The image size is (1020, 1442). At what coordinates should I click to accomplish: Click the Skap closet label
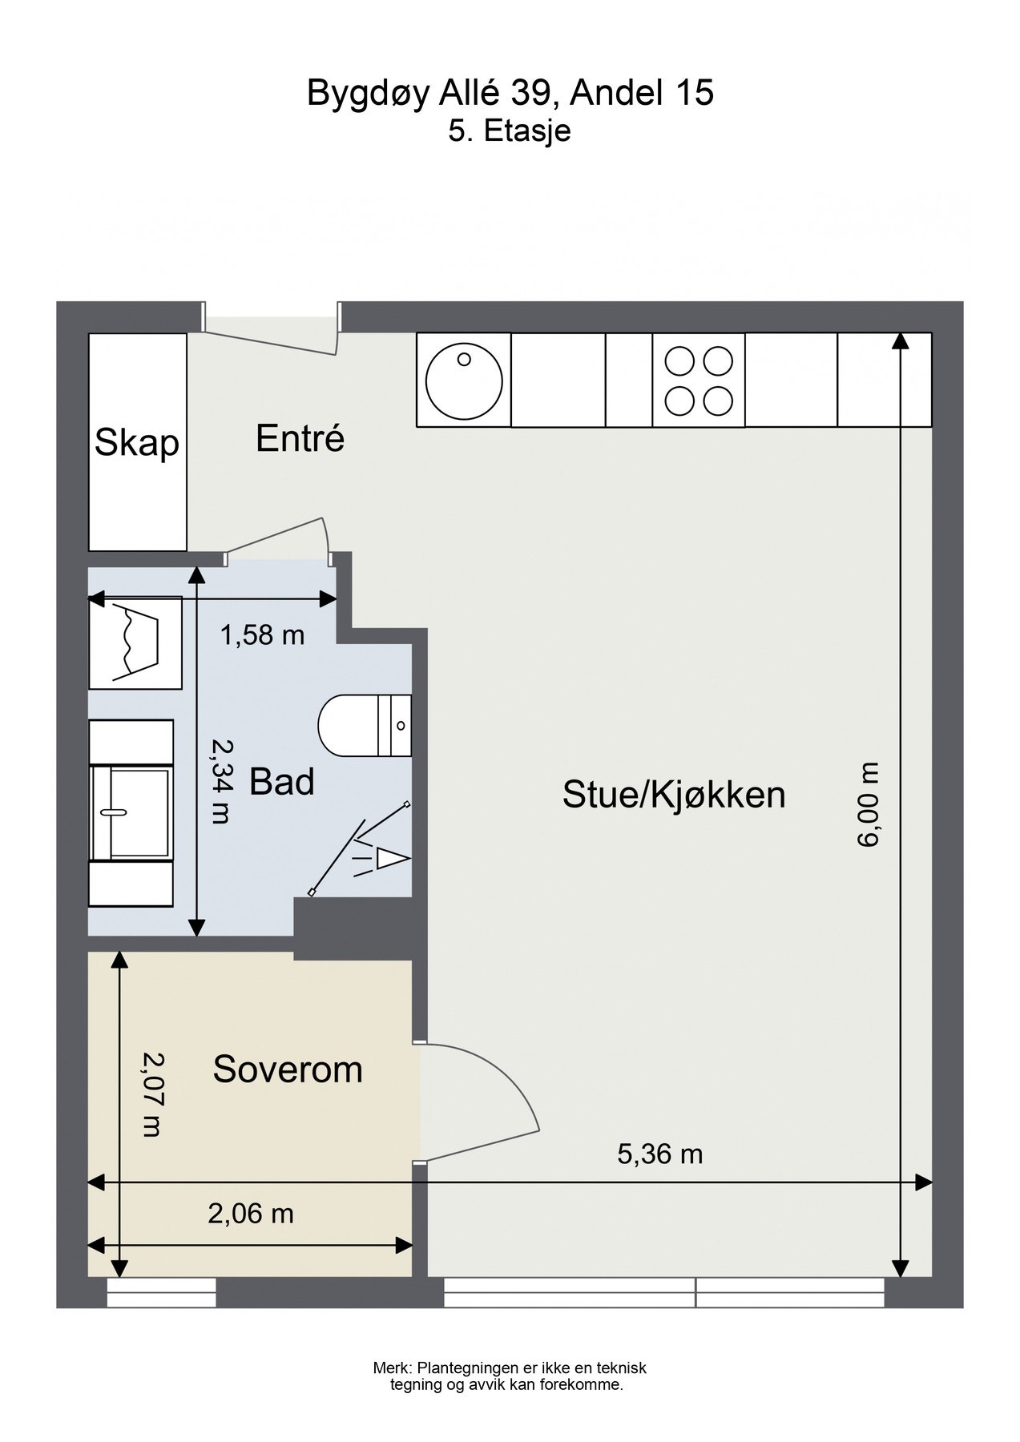pyautogui.click(x=136, y=443)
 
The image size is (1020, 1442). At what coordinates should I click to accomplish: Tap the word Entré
pyautogui.click(x=300, y=438)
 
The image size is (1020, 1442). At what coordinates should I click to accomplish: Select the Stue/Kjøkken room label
pyautogui.click(x=674, y=795)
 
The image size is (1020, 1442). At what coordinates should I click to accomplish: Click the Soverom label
pyautogui.click(x=288, y=1069)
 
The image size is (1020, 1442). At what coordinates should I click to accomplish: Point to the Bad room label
pyautogui.click(x=282, y=782)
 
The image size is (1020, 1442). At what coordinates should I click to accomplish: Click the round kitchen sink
pyautogui.click(x=465, y=380)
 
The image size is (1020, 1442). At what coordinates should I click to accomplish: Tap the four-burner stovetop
pyautogui.click(x=699, y=380)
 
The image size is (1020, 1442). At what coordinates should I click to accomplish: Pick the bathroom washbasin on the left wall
pyautogui.click(x=131, y=812)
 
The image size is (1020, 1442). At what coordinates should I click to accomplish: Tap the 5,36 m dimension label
pyautogui.click(x=659, y=1154)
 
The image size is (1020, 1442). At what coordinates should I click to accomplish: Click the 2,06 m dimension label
pyautogui.click(x=251, y=1214)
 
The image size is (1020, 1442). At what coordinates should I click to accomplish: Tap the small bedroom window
pyautogui.click(x=161, y=1293)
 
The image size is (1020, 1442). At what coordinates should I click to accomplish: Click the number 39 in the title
pyautogui.click(x=526, y=94)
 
